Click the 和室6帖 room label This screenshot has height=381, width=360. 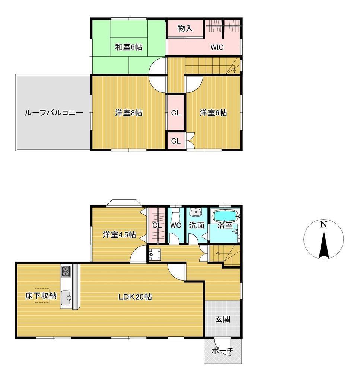[x=128, y=47]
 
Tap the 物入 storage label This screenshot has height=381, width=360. [x=185, y=28]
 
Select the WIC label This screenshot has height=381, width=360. [x=217, y=47]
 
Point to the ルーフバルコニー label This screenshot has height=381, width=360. [x=54, y=113]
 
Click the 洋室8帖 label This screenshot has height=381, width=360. [x=128, y=113]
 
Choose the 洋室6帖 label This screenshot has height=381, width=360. [x=213, y=113]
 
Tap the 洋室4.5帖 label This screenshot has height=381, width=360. [x=120, y=235]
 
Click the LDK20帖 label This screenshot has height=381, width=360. [x=135, y=297]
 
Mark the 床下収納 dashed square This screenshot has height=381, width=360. [x=42, y=296]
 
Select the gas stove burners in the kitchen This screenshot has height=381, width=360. [x=66, y=271]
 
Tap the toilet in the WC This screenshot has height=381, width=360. [x=175, y=214]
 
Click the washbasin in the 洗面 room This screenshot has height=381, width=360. [x=196, y=212]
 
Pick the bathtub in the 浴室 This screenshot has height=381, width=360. [x=225, y=215]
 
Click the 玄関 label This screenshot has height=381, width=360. [x=223, y=319]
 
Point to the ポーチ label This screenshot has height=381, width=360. [x=222, y=350]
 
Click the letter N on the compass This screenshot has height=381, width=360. [x=323, y=224]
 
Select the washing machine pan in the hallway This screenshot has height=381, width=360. [x=154, y=254]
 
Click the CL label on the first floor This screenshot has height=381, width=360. [x=157, y=225]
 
